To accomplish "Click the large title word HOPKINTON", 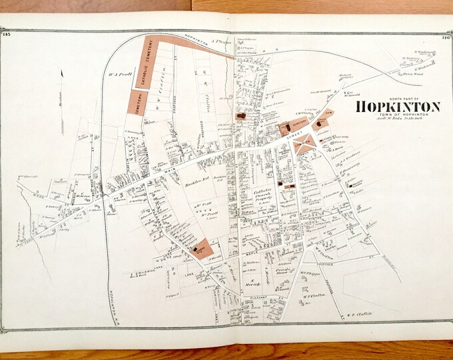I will pos(398,107).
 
